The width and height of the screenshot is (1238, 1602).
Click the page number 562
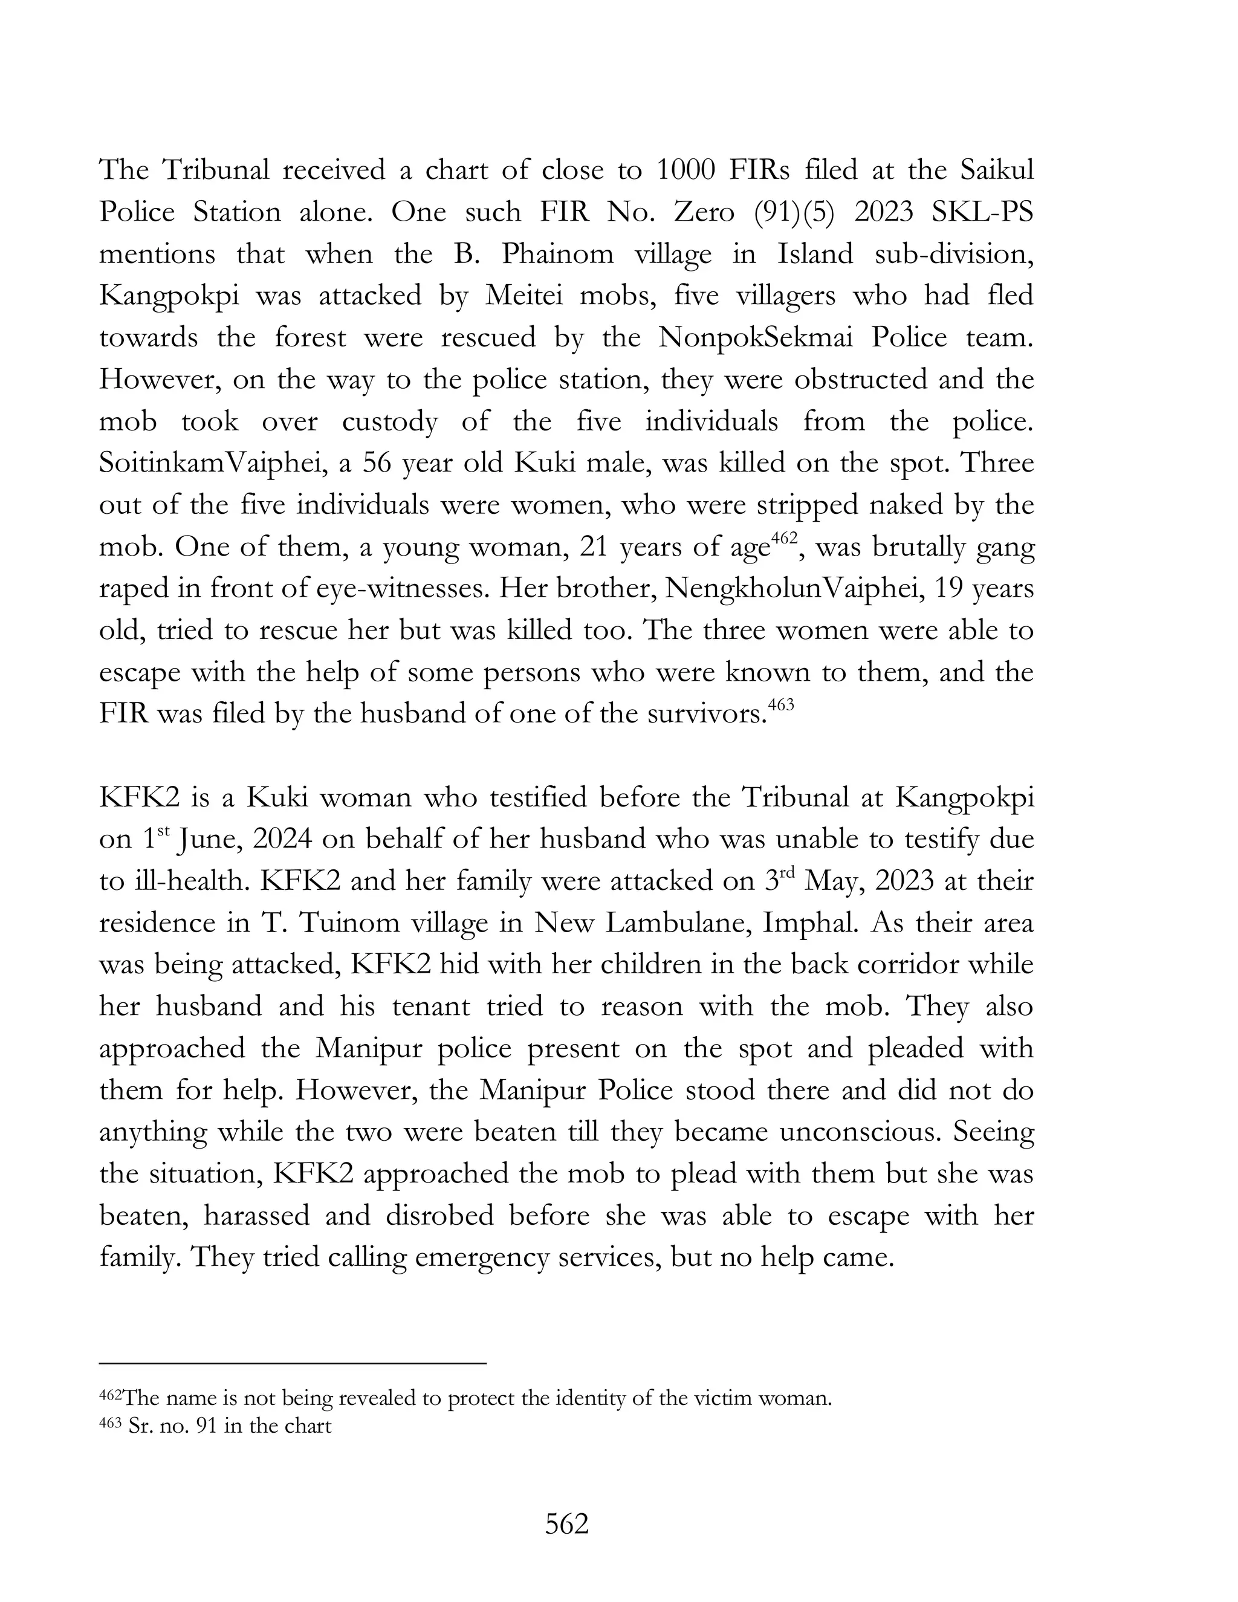[567, 1524]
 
